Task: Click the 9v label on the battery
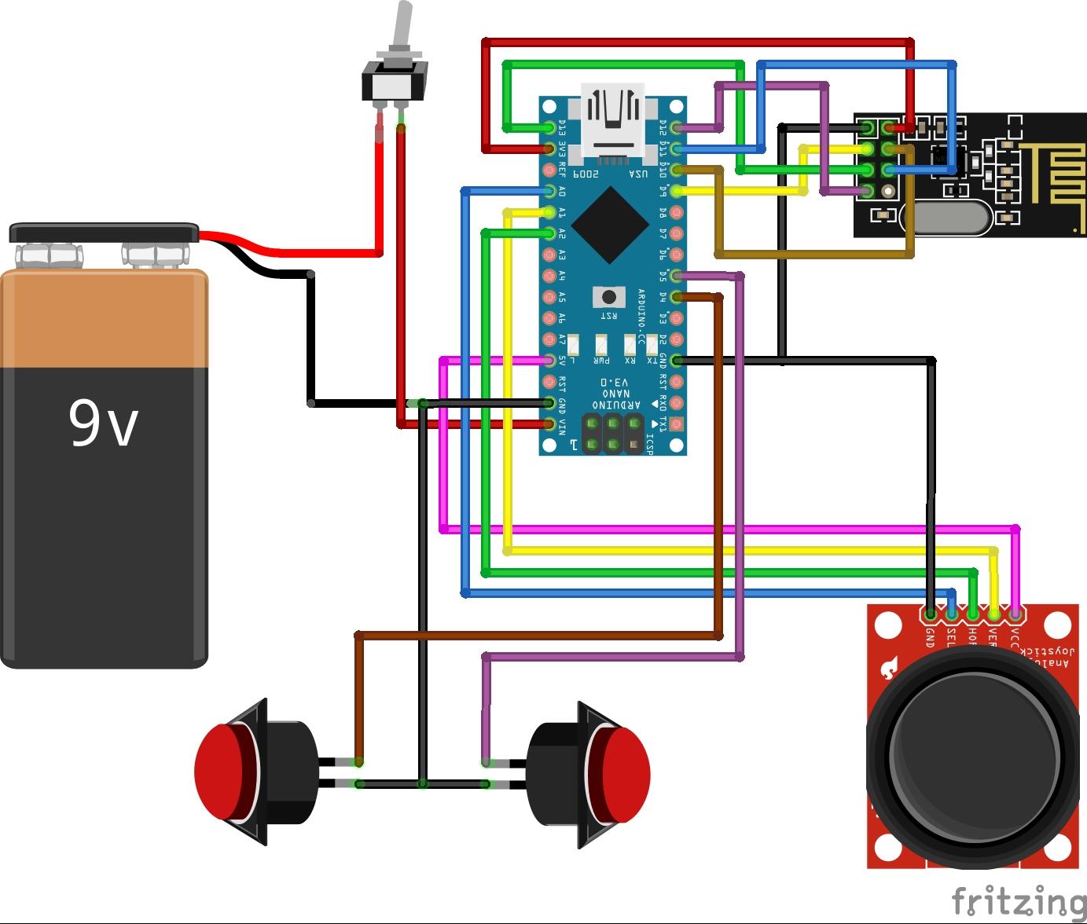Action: click(103, 422)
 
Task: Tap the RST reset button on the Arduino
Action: click(608, 297)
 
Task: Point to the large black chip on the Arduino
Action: click(611, 225)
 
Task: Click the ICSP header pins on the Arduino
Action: click(612, 434)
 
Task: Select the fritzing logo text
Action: click(1018, 900)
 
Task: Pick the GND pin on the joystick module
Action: click(931, 614)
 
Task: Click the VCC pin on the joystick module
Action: click(1015, 614)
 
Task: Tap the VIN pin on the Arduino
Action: click(549, 424)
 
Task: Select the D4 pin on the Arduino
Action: click(676, 297)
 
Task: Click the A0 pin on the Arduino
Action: click(549, 191)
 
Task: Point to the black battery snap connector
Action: click(103, 233)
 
